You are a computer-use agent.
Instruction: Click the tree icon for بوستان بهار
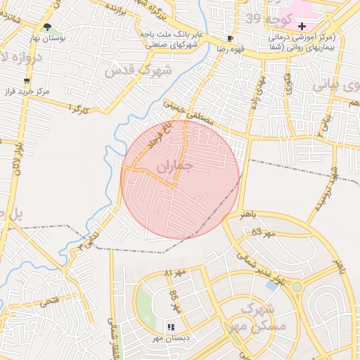tap(47, 27)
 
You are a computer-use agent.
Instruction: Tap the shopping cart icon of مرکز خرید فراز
tap(27, 81)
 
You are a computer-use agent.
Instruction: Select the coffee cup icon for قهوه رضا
tap(230, 38)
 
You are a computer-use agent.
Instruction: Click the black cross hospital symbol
tap(302, 25)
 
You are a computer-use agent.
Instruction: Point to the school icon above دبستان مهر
tap(170, 327)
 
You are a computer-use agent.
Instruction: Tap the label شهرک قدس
tap(138, 70)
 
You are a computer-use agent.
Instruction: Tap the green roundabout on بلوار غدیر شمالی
tap(297, 286)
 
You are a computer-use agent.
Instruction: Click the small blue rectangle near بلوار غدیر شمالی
tap(271, 285)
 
